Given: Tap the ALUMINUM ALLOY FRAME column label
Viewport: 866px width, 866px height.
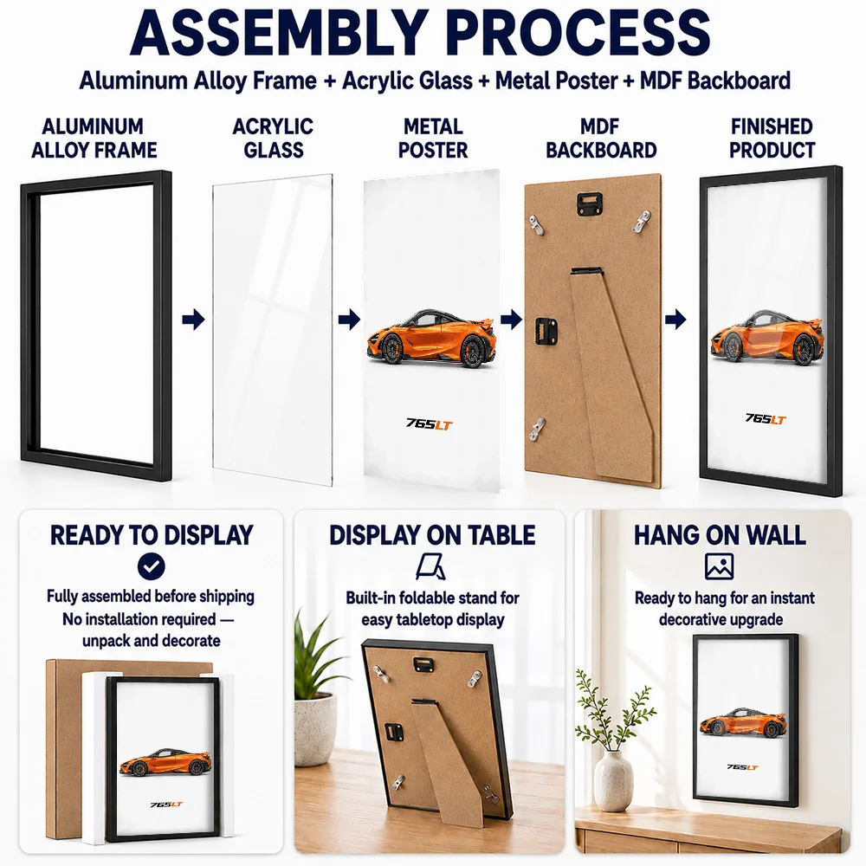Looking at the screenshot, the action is (94, 138).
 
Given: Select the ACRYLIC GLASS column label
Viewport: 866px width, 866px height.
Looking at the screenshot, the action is (274, 138).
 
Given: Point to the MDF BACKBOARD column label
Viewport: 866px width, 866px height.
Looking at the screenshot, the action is (601, 138).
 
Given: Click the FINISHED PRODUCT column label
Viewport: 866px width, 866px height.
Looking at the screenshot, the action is (772, 138).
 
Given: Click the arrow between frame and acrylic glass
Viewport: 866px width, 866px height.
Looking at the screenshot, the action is (193, 320).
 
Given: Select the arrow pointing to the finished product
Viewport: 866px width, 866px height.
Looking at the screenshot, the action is (675, 320).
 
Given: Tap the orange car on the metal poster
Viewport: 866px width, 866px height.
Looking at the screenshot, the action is (430, 338).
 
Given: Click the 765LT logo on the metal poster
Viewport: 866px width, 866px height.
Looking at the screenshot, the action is (430, 424).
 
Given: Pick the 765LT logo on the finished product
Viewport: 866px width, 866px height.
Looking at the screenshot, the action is (765, 419).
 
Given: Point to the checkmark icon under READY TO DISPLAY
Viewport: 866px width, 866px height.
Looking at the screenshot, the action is (152, 566).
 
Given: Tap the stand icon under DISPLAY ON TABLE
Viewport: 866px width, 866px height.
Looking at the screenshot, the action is (430, 567).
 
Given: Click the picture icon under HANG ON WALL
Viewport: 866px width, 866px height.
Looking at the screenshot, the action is (719, 566).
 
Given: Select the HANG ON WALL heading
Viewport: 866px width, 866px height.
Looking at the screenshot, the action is (720, 535).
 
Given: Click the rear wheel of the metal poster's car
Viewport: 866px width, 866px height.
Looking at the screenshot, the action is (472, 352).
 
